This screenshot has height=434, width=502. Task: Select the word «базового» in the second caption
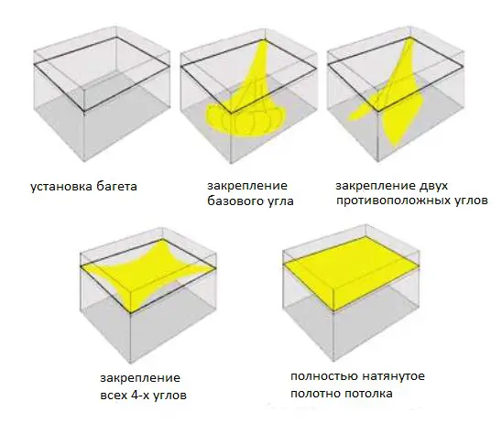coord(235,201)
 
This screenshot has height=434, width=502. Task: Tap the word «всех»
coord(113,396)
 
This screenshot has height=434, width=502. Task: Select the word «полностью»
coord(322,376)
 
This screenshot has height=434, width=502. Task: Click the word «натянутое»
coord(391,376)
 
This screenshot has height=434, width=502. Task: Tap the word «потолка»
coord(367,394)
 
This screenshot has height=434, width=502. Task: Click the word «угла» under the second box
coord(280,201)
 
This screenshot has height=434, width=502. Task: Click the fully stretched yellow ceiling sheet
coord(351,275)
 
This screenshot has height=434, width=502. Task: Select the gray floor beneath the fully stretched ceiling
coord(352,330)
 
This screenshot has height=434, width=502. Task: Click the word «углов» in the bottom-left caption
coord(169,396)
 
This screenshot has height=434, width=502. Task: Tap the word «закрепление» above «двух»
coord(376,186)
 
